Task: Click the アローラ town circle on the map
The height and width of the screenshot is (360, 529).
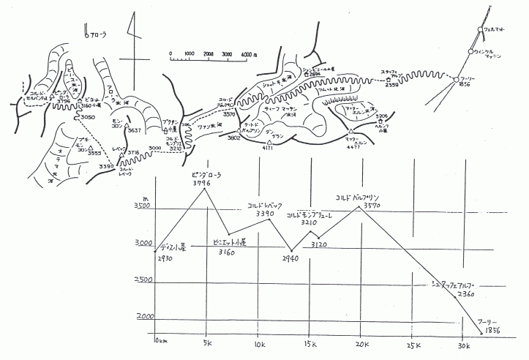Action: point(86,34)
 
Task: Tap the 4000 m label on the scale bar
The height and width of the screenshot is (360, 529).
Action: point(249,53)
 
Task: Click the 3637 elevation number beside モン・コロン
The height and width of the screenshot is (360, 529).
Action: point(132,130)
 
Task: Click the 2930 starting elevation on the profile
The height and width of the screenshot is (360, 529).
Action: point(166,258)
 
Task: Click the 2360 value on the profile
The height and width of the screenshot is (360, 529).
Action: point(465,293)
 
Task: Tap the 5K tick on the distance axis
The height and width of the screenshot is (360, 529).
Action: point(207,344)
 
